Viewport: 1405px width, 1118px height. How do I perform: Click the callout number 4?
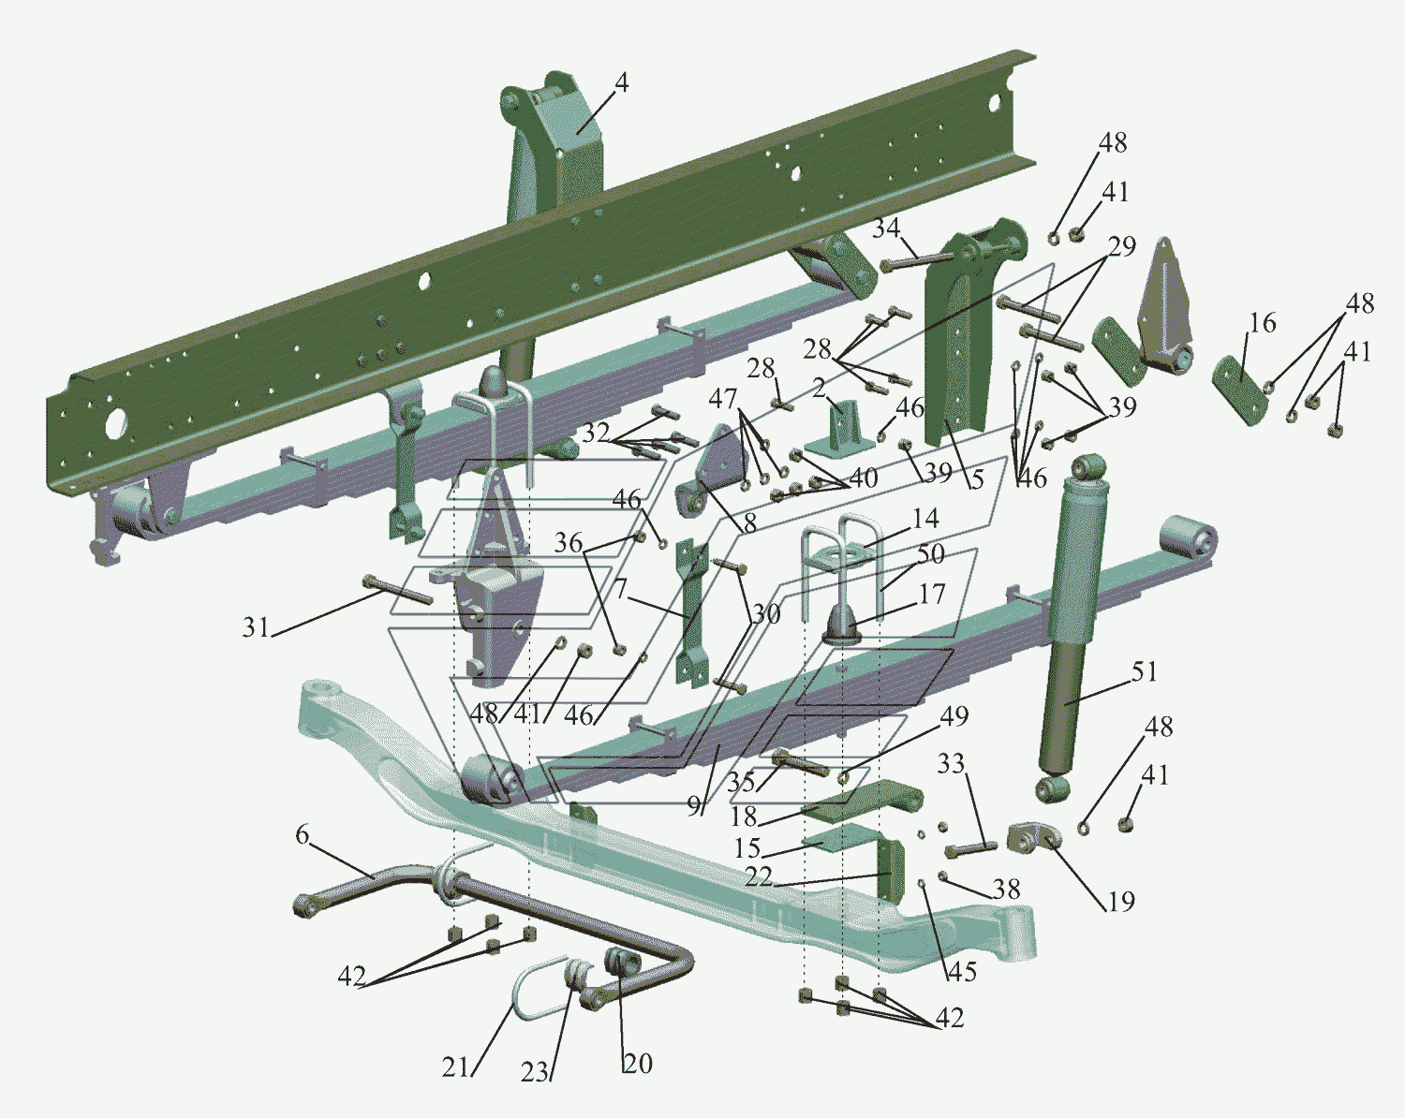(x=621, y=83)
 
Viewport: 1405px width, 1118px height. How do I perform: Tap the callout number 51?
(x=1144, y=671)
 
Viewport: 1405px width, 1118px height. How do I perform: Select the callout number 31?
(x=256, y=627)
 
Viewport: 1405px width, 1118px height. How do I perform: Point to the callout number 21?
(x=456, y=1067)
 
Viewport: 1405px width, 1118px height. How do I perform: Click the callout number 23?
(x=535, y=1072)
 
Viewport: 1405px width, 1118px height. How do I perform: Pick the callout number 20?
(x=638, y=1063)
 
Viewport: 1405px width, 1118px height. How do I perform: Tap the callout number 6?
(x=302, y=834)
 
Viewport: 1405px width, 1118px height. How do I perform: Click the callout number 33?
(x=951, y=763)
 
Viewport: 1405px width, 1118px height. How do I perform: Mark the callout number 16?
(x=1263, y=322)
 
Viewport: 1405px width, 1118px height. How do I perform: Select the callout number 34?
(x=886, y=228)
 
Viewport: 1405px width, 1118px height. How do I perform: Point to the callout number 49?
(x=954, y=716)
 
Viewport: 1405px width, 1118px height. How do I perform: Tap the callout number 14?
(x=925, y=519)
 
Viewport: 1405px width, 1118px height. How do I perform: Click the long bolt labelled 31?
(x=398, y=589)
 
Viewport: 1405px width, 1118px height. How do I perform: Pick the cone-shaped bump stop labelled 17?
(x=841, y=625)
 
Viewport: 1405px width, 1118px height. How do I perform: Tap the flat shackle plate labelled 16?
(x=1240, y=390)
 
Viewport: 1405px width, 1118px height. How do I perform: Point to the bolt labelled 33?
(x=970, y=849)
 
